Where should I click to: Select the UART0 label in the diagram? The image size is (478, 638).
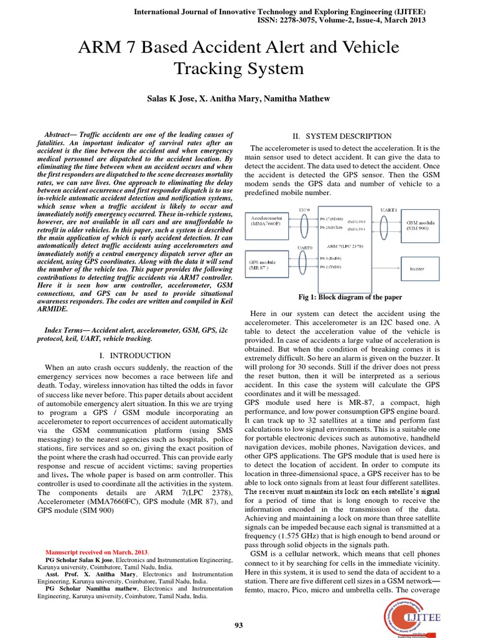point(306,247)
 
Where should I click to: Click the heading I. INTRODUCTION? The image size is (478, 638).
point(134,356)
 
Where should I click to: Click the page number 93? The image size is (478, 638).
point(238,625)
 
